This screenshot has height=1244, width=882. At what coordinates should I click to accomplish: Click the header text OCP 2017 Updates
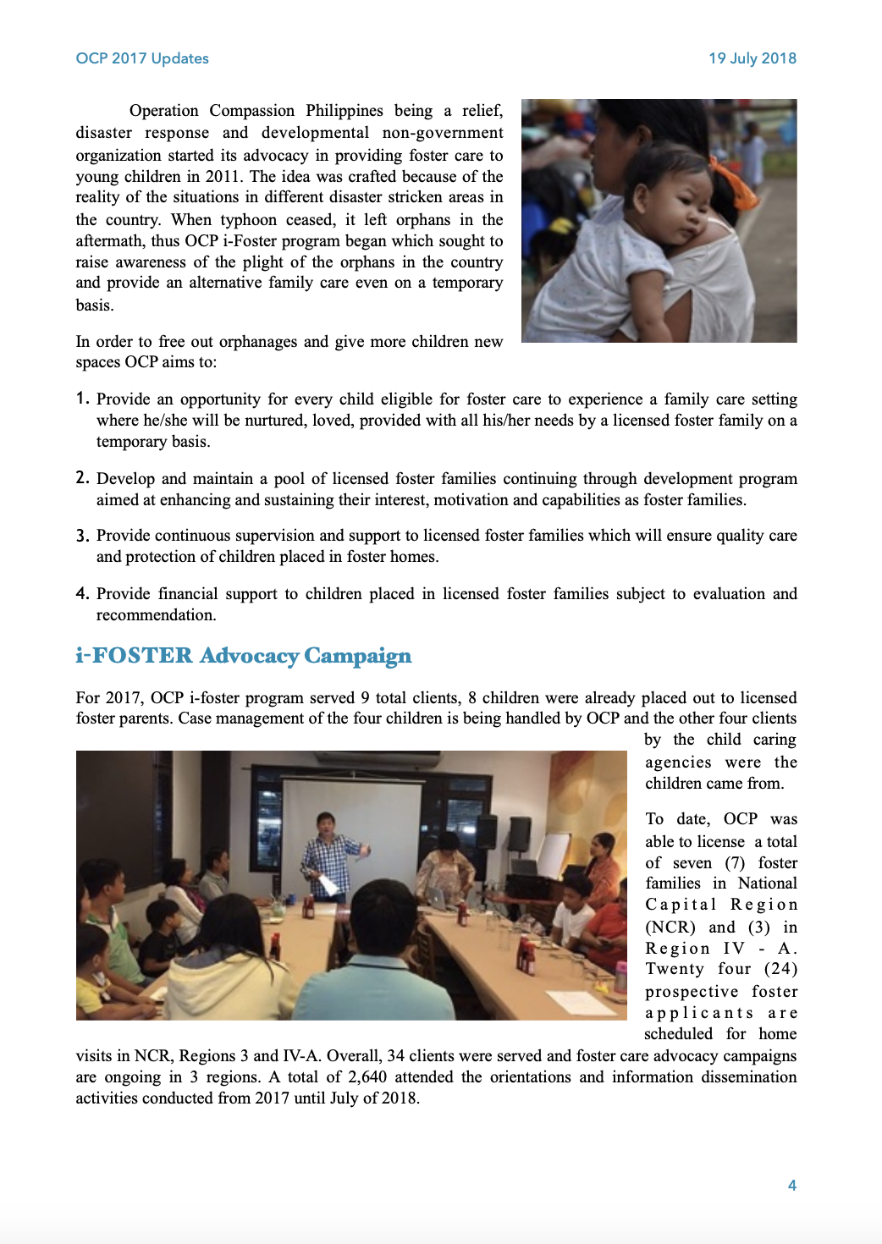pyautogui.click(x=142, y=58)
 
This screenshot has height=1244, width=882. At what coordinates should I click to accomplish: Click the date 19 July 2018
pyautogui.click(x=752, y=58)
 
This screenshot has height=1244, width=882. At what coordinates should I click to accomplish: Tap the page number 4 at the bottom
pyautogui.click(x=791, y=1185)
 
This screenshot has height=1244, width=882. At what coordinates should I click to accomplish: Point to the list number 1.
pyautogui.click(x=82, y=398)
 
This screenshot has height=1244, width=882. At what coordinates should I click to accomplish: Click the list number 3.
pyautogui.click(x=82, y=535)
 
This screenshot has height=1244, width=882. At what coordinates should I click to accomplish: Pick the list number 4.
pyautogui.click(x=82, y=593)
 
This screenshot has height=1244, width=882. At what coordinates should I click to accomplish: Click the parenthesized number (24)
pyautogui.click(x=780, y=968)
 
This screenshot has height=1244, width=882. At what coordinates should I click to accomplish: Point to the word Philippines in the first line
pyautogui.click(x=344, y=110)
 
